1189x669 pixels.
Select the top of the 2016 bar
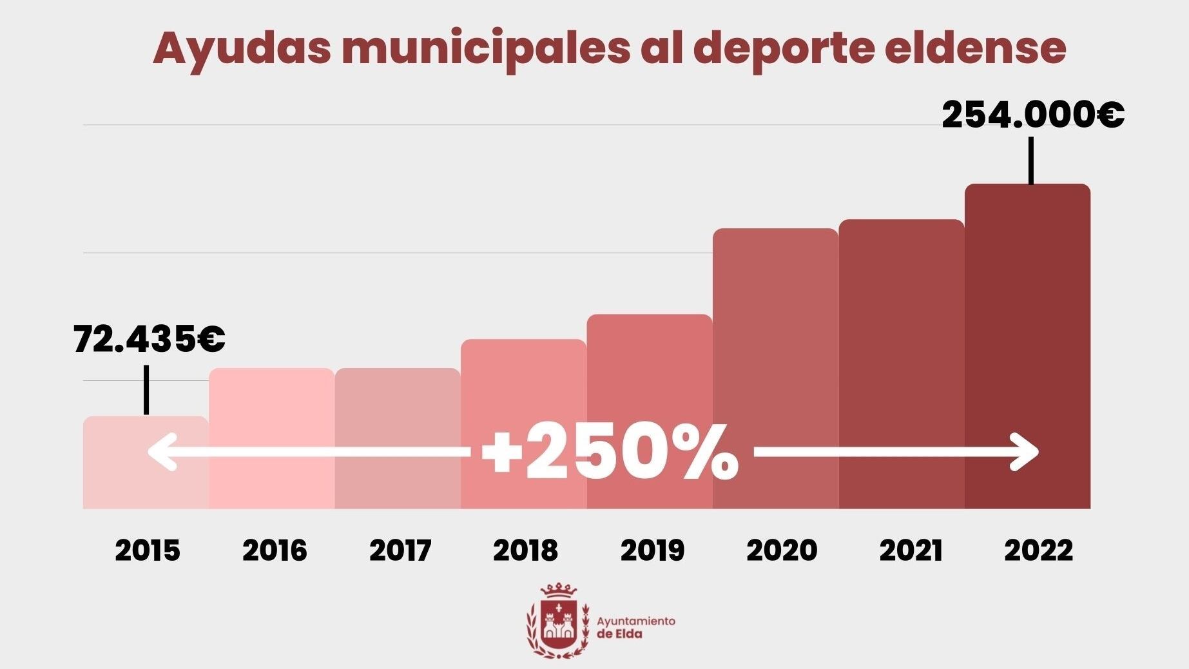coord(271,369)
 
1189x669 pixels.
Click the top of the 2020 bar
coord(775,229)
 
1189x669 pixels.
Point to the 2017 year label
coord(400,550)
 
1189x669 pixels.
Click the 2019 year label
coord(652,550)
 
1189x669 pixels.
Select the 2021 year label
coord(911,550)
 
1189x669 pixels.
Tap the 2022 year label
coord(1038,550)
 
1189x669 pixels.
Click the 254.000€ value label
coord(1032,116)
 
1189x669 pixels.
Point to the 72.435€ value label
coord(149,340)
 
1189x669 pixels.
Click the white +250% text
coord(610,452)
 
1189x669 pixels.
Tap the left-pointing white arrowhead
coord(162,452)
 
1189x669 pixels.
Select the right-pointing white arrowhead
coord(1025,452)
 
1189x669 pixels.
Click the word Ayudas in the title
coord(242,48)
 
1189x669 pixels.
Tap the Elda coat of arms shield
coord(558,623)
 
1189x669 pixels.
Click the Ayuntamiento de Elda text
coord(635,627)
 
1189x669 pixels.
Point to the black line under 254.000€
coord(1030,160)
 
